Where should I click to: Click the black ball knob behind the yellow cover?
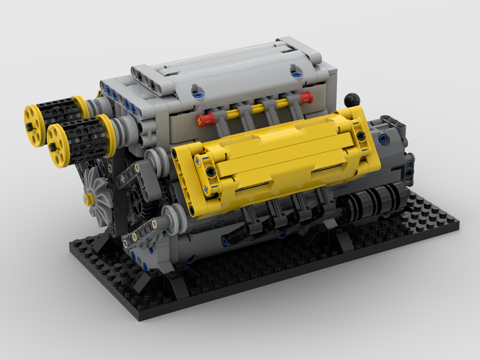point(351,99)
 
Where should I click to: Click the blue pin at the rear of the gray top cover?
point(296,74)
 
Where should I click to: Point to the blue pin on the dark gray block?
point(383,139)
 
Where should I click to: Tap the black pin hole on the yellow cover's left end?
point(210,170)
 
